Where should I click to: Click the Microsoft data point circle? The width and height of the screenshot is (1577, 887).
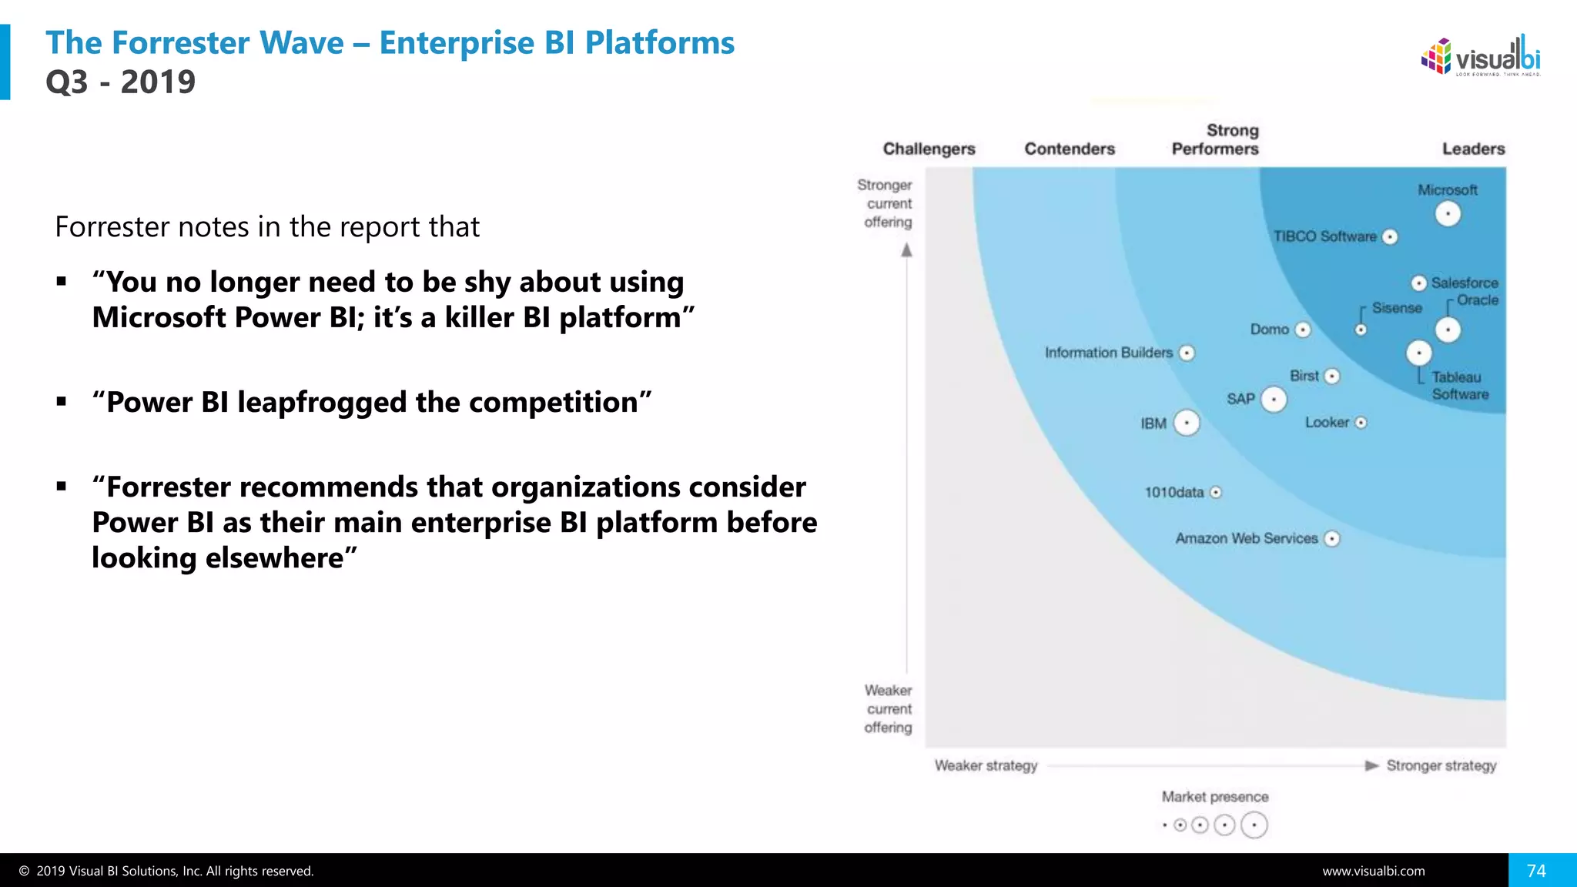click(x=1448, y=213)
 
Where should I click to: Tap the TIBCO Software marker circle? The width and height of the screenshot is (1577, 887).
click(x=1390, y=237)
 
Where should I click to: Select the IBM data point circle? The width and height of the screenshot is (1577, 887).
click(x=1187, y=423)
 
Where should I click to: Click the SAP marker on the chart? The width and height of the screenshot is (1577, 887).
click(x=1274, y=400)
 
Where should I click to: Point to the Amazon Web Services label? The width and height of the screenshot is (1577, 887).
click(x=1246, y=538)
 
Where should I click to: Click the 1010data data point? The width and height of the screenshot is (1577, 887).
click(x=1216, y=493)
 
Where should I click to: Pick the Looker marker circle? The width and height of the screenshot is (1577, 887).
click(x=1361, y=423)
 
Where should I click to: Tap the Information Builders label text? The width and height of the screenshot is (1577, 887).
click(x=1108, y=353)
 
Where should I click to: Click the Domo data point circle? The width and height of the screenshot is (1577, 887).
click(x=1303, y=330)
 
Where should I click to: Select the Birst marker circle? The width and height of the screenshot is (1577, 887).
click(x=1332, y=376)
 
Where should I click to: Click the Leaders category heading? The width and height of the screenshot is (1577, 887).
click(x=1473, y=149)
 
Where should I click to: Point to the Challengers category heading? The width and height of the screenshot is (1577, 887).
click(x=929, y=149)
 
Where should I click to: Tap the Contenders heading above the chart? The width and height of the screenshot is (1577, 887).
click(x=1069, y=149)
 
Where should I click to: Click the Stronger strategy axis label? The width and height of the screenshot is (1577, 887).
click(x=1441, y=765)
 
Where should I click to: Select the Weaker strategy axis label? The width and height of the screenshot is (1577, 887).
click(x=986, y=765)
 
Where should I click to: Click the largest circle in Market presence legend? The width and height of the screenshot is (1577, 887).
click(x=1254, y=825)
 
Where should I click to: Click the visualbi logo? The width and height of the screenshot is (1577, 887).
click(x=1481, y=56)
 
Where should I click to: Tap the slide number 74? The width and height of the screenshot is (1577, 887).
click(x=1536, y=871)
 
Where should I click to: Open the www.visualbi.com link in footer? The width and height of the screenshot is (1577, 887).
click(x=1373, y=871)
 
